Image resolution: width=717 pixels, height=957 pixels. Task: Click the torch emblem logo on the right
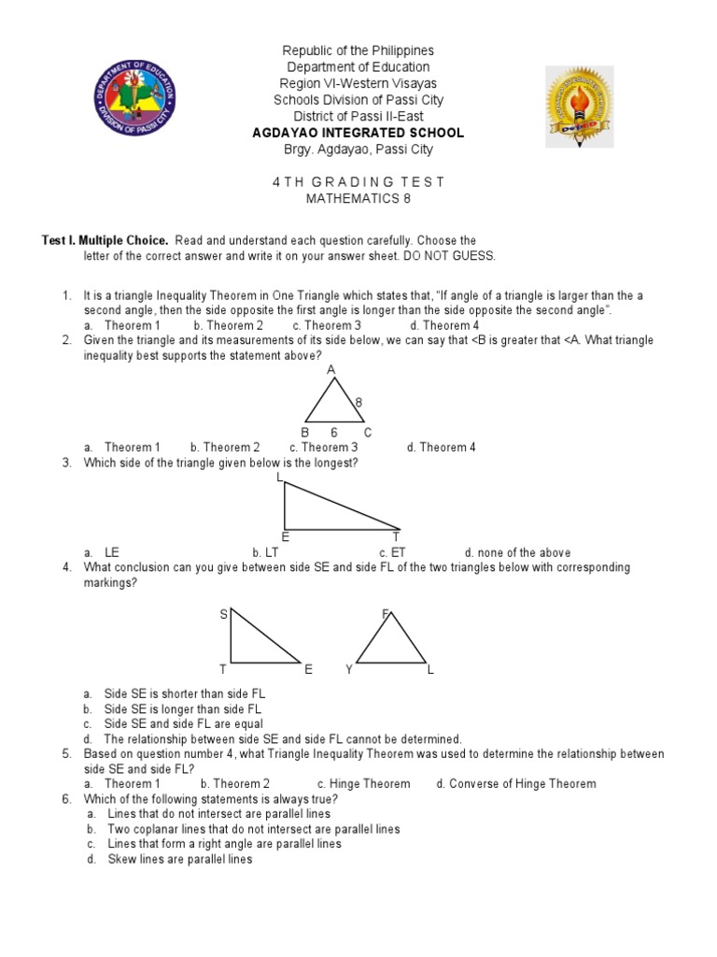click(579, 106)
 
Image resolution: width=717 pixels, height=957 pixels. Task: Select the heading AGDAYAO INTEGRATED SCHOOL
click(358, 133)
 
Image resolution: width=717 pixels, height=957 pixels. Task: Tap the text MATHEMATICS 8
click(358, 198)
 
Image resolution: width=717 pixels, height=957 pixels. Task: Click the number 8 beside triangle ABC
click(358, 402)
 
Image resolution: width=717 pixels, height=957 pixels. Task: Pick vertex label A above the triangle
click(330, 370)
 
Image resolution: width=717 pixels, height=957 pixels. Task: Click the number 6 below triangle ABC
click(333, 433)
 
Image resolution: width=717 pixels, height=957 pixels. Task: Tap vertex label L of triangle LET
click(279, 478)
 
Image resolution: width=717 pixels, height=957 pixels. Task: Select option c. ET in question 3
click(392, 552)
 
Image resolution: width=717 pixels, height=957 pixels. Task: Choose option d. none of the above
click(517, 552)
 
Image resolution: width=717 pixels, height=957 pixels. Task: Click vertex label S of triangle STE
click(223, 614)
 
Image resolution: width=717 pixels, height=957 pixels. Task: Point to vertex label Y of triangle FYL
click(348, 670)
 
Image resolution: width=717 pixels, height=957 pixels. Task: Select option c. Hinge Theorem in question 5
click(363, 783)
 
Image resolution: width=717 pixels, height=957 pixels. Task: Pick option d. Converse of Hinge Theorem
click(515, 783)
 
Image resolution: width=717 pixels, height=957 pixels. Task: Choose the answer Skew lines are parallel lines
click(179, 859)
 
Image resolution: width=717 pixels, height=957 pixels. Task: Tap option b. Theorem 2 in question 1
click(228, 325)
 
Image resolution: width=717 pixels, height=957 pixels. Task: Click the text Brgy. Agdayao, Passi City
click(358, 150)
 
